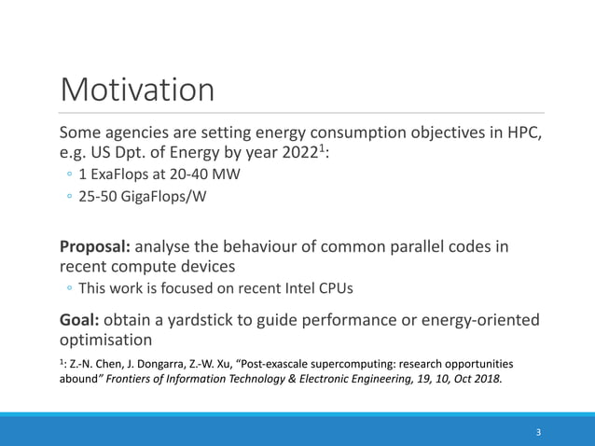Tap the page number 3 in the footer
pyautogui.click(x=538, y=432)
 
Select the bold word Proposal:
pyautogui.click(x=96, y=247)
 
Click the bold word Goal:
pyautogui.click(x=80, y=320)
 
